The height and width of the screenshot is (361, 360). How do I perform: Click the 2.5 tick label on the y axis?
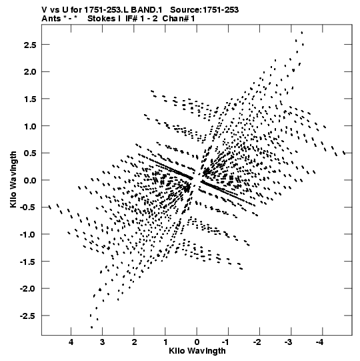point(30,45)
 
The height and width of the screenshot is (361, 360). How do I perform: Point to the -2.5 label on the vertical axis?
point(28,316)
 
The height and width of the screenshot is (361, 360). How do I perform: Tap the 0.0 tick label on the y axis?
point(30,180)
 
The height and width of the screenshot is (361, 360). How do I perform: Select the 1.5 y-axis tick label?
point(30,99)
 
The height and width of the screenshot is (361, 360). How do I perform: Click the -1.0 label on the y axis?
point(28,234)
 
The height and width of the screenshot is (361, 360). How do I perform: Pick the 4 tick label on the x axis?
point(71,342)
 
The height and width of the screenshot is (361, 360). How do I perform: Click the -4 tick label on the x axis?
point(320,342)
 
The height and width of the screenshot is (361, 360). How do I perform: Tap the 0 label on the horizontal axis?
point(197,342)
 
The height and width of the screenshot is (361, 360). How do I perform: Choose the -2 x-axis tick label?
point(257,342)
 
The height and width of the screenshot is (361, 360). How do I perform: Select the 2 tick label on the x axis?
point(134,342)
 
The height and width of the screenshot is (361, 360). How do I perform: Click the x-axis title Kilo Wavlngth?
point(197,350)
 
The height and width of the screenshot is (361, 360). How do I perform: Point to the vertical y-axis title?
point(13,179)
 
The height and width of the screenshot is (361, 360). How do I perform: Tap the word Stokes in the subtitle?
point(101,19)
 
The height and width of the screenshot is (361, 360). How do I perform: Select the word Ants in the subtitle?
point(51,19)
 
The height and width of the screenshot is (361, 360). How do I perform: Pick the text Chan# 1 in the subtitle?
point(179,19)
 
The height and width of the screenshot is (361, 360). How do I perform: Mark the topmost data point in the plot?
point(301,33)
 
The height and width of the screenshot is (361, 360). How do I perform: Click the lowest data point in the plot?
point(91,327)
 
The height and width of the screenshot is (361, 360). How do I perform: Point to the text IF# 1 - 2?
point(141,19)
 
